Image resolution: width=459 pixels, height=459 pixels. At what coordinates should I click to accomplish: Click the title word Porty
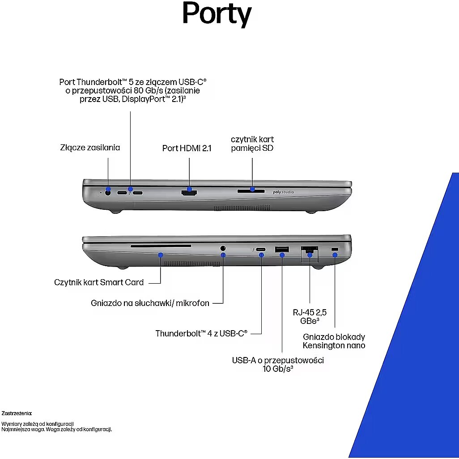(x=217, y=15)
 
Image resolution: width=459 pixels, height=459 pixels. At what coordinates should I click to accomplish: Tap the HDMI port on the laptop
(x=189, y=193)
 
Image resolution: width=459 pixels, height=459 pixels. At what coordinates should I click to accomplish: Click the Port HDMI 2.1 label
(x=187, y=148)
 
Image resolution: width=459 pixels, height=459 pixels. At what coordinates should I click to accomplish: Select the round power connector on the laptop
(x=107, y=193)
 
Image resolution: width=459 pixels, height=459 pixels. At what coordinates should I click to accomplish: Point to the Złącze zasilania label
(x=90, y=147)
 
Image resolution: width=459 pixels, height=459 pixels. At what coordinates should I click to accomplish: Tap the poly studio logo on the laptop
(x=283, y=192)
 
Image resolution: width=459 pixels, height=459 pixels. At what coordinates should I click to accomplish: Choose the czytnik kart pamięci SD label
(x=252, y=144)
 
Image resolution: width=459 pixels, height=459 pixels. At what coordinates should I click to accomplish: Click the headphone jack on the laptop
(x=223, y=247)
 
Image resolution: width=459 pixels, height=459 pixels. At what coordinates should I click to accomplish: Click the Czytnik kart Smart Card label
(x=99, y=282)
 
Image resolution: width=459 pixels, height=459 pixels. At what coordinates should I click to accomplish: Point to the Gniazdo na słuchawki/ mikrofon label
(x=150, y=303)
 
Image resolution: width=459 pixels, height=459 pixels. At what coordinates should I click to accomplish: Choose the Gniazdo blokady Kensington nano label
(x=334, y=341)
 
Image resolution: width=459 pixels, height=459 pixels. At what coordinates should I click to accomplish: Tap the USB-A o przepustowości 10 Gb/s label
(x=278, y=364)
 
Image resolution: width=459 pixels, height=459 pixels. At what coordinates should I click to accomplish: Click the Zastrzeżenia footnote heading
(x=17, y=413)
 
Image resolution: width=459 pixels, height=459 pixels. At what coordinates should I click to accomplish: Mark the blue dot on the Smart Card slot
(x=161, y=255)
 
